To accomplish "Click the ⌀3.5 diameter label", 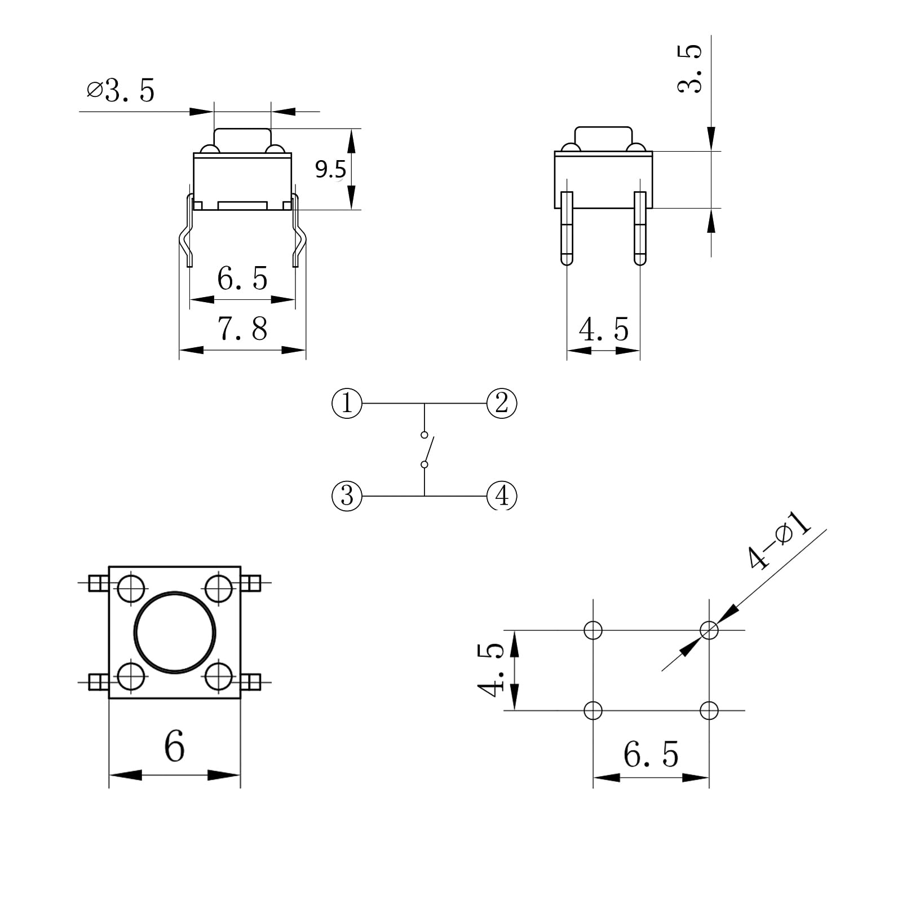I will pyautogui.click(x=121, y=91).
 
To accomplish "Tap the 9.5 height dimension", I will pyautogui.click(x=330, y=169).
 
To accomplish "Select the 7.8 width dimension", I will pyautogui.click(x=242, y=329).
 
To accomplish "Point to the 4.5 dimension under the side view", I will pyautogui.click(x=603, y=330).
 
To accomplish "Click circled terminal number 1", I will pyautogui.click(x=347, y=403).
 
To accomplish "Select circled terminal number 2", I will pyautogui.click(x=501, y=403).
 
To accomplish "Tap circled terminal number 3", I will pyautogui.click(x=347, y=496).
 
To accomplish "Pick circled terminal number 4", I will pyautogui.click(x=501, y=496).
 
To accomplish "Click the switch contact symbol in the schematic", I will pyautogui.click(x=426, y=449).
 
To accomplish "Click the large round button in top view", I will pyautogui.click(x=175, y=632).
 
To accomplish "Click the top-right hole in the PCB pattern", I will pyautogui.click(x=709, y=630).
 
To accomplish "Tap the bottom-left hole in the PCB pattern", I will pyautogui.click(x=593, y=710).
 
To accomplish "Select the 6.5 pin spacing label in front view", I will pyautogui.click(x=242, y=278).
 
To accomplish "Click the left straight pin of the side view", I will pyautogui.click(x=567, y=228).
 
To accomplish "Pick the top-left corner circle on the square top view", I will pyautogui.click(x=131, y=589).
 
